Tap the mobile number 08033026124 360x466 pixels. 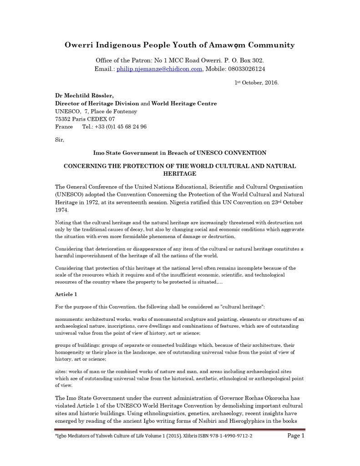(x=243, y=69)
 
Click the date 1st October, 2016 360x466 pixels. (x=256, y=83)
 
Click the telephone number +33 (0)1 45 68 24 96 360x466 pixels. (x=114, y=127)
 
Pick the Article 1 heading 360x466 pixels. (x=66, y=294)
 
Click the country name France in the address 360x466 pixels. (x=64, y=127)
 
